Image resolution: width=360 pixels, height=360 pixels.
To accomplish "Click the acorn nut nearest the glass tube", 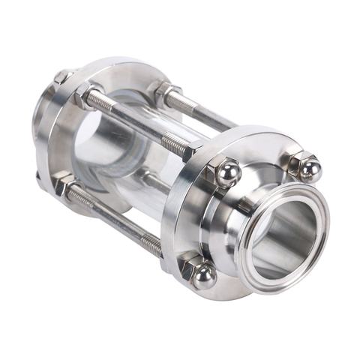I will tap(226, 173).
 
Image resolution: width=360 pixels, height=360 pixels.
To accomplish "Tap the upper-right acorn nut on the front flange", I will tap(308, 168).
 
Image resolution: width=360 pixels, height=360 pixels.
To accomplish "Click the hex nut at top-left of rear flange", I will tap(63, 76).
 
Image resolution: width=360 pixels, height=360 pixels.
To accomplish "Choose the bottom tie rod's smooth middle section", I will tap(112, 218).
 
